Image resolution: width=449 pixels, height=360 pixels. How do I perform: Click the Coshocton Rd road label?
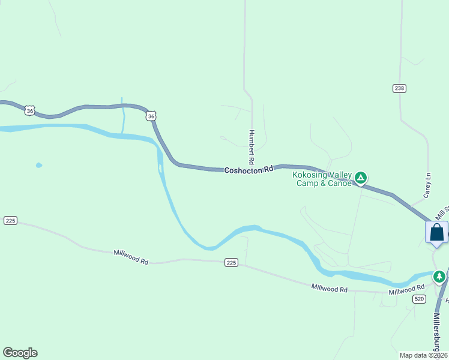249,170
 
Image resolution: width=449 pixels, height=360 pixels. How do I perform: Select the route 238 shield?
400,88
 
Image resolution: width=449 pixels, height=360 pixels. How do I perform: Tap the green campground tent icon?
361,178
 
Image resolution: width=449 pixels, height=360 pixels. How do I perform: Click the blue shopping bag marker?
436,232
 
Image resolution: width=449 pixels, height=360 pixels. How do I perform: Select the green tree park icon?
440,276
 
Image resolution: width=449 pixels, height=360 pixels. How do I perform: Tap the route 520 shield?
419,299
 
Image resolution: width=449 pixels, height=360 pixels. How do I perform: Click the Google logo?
20,353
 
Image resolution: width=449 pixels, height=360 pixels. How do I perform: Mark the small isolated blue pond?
39,165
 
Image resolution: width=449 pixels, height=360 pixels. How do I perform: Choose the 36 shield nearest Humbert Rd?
151,116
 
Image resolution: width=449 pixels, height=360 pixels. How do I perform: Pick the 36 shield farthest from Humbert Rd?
29,110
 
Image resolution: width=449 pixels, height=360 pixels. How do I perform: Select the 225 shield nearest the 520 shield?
232,262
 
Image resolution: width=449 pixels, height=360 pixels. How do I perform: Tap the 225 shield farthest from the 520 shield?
10,221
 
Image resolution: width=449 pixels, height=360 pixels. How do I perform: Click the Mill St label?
443,212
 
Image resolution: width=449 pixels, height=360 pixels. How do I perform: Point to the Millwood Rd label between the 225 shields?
131,257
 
